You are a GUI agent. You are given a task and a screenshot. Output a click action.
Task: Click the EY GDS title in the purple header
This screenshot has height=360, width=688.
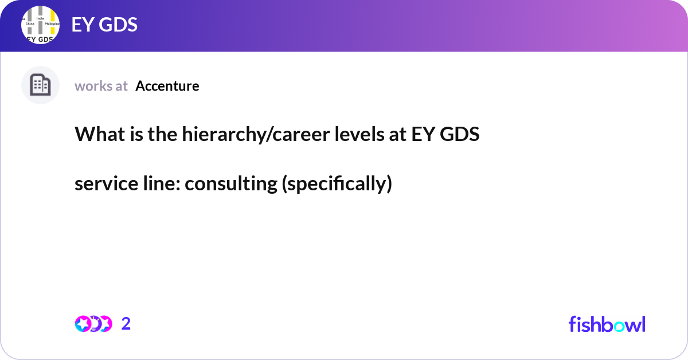click(x=104, y=25)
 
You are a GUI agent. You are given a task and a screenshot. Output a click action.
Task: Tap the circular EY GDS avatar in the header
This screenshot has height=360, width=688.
click(x=40, y=26)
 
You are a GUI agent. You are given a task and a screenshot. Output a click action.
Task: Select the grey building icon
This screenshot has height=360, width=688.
click(x=40, y=85)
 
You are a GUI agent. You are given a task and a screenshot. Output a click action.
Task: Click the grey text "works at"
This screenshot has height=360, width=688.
click(x=101, y=86)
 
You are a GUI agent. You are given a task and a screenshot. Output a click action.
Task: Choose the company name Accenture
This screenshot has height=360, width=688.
click(x=167, y=86)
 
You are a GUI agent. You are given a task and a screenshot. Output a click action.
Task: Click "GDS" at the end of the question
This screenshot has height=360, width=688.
click(x=460, y=135)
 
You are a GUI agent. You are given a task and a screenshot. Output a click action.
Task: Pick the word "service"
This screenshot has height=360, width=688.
click(x=100, y=184)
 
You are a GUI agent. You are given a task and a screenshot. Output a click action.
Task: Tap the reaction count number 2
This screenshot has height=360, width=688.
click(x=126, y=324)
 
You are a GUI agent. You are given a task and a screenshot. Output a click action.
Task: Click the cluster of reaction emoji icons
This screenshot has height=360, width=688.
click(x=93, y=324)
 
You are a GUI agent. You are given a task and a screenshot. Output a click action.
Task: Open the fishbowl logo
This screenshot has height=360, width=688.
click(x=607, y=324)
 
